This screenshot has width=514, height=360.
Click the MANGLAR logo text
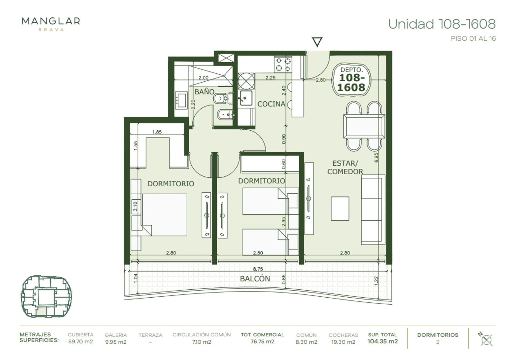pos(51,21)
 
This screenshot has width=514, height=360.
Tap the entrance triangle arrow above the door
pos(317,42)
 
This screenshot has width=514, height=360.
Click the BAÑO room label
pos(204,92)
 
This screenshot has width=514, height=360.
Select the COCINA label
pos(271,104)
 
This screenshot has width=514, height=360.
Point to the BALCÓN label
pos(255,278)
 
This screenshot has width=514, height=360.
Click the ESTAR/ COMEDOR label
pos(345,167)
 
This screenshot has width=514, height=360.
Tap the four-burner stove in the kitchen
pos(283,64)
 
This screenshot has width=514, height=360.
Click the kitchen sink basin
pos(246,98)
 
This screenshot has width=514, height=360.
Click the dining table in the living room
pos(364,126)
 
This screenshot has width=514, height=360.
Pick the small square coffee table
pos(340,209)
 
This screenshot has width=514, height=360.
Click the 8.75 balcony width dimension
pos(258,269)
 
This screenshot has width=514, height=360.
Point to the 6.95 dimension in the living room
pos(376,157)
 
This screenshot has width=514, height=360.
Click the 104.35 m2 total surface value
pos(383,341)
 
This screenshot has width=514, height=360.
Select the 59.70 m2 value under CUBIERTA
pos(80,342)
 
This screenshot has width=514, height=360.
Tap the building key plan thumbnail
pos(46,296)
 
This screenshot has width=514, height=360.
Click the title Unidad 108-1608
pos(442,24)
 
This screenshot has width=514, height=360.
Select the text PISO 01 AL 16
pos(473,39)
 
